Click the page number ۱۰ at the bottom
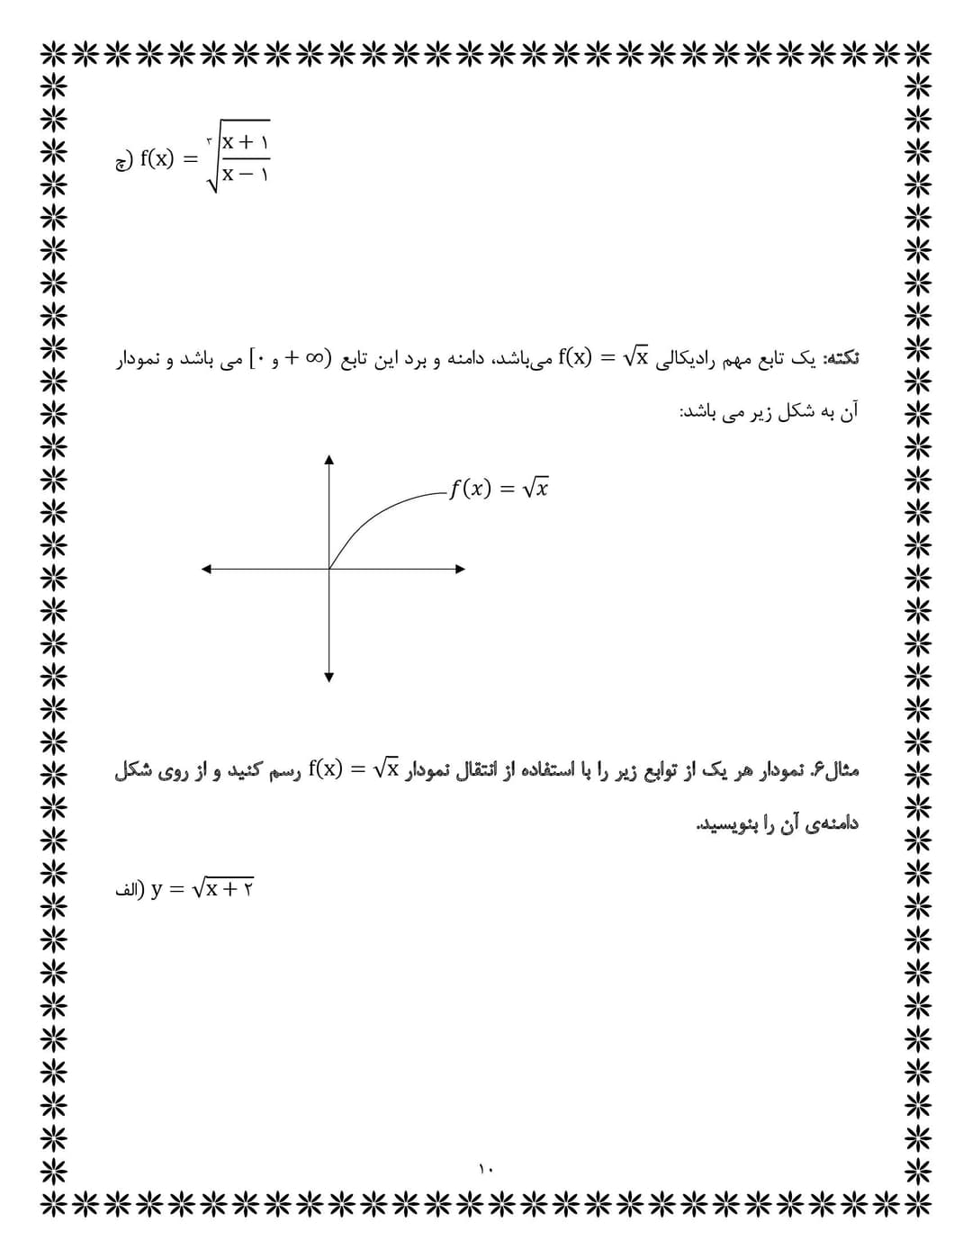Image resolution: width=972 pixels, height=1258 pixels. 486,1169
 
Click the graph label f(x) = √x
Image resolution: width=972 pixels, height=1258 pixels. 498,489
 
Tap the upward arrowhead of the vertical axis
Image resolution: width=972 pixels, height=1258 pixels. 329,460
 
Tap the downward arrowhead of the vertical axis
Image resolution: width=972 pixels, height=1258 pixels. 329,677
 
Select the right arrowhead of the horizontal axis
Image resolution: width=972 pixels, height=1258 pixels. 460,569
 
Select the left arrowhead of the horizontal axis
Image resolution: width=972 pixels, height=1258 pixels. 206,569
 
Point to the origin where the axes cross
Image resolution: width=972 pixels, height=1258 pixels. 329,569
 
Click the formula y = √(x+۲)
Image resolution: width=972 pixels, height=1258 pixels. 202,889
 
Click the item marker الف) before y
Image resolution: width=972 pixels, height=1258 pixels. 129,890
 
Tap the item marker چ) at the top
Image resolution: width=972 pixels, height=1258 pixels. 123,161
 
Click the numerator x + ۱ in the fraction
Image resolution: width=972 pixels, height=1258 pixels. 246,142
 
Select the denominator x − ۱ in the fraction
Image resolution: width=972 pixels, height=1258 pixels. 246,175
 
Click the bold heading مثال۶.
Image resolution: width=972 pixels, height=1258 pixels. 834,770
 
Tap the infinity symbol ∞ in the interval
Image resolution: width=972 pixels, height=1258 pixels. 312,358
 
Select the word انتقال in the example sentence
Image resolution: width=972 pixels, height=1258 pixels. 486,770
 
